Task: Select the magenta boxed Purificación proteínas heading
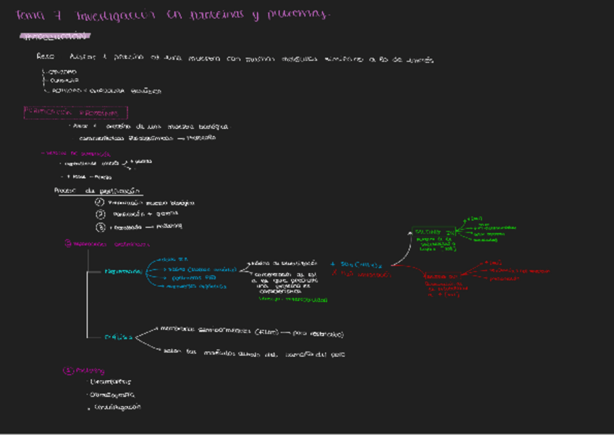76,113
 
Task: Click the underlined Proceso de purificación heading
98,191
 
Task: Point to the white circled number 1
100,203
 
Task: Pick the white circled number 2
100,214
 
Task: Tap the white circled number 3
100,227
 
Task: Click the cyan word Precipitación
122,271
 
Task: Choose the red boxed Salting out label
440,276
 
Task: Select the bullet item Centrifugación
114,407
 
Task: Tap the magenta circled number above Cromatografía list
69,371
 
